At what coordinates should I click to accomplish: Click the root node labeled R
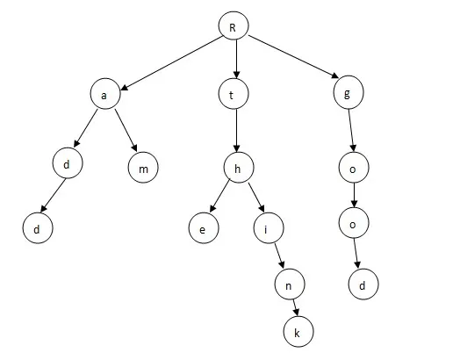pyautogui.click(x=234, y=25)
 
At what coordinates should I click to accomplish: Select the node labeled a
pyautogui.click(x=105, y=94)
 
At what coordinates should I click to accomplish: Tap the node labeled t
pyautogui.click(x=234, y=94)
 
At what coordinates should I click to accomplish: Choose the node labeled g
pyautogui.click(x=349, y=92)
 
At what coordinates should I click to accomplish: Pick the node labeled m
pyautogui.click(x=143, y=167)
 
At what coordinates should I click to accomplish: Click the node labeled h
pyautogui.click(x=239, y=168)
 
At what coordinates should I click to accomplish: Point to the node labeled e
pyautogui.click(x=204, y=228)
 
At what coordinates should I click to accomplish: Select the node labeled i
pyautogui.click(x=269, y=228)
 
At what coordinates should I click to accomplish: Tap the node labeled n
pyautogui.click(x=290, y=284)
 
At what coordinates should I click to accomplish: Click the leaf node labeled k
pyautogui.click(x=298, y=332)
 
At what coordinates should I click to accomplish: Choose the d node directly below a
pyautogui.click(x=68, y=162)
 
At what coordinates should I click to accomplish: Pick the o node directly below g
pyautogui.click(x=354, y=167)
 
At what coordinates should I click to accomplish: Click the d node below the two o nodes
pyautogui.click(x=363, y=284)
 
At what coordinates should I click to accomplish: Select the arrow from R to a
pyautogui.click(x=171, y=63)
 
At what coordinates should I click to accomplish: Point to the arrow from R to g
pyautogui.click(x=293, y=57)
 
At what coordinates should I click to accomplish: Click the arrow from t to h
pyautogui.click(x=237, y=131)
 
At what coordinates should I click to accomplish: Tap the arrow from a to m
pyautogui.click(x=126, y=130)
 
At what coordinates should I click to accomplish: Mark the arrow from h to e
pyautogui.click(x=219, y=196)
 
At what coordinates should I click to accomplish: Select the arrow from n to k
pyautogui.click(x=296, y=308)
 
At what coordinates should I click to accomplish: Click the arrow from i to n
pyautogui.click(x=279, y=256)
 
